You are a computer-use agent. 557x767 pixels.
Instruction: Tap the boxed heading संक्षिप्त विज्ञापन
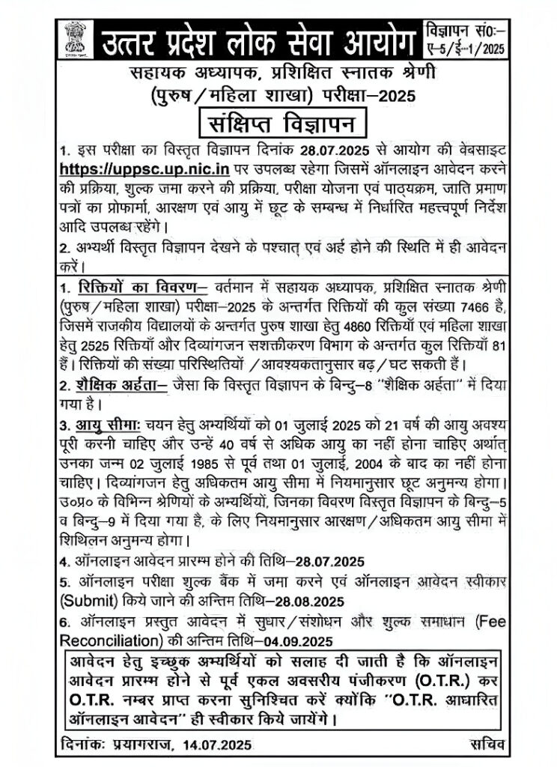tap(278, 120)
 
